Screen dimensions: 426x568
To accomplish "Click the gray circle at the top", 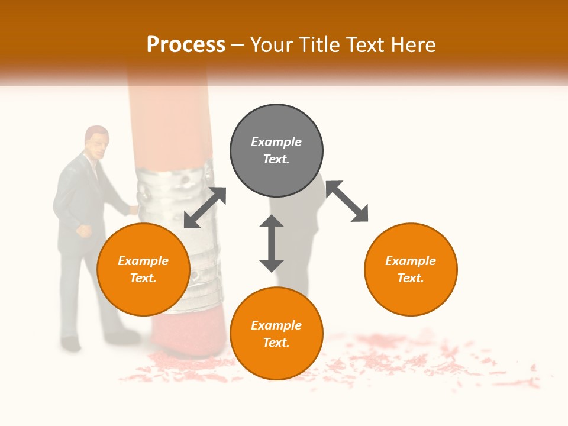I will tap(276, 150).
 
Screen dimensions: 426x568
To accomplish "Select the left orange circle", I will tap(143, 269).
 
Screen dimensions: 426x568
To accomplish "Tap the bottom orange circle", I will tap(276, 334).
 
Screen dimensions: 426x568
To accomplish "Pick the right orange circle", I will tap(411, 269).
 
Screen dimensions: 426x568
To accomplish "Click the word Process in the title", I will tap(186, 45).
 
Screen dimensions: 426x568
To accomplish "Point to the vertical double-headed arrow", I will tap(272, 243).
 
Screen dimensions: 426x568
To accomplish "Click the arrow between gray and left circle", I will tap(205, 208).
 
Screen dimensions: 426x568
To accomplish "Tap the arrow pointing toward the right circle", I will tap(347, 201).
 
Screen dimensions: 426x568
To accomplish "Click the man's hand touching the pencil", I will tap(134, 209).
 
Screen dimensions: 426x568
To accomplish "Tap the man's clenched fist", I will tap(85, 231).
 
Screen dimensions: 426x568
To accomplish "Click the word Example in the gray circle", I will tap(276, 142).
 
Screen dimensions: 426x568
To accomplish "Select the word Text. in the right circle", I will tap(411, 278).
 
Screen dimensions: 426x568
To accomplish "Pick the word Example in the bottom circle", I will tap(276, 325).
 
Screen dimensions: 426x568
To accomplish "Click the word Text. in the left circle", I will tap(143, 278).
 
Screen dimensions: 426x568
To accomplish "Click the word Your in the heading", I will tap(273, 45).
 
